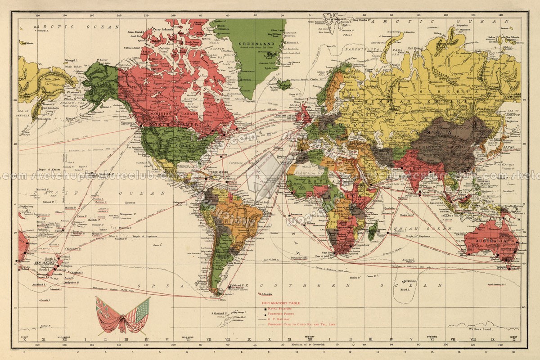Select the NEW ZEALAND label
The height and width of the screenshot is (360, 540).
point(45,262)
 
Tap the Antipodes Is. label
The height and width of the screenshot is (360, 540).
point(71,283)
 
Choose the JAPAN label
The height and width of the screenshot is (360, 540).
point(508,147)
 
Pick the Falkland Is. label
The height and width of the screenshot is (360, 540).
point(238,286)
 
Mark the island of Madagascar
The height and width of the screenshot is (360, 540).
point(373,230)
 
